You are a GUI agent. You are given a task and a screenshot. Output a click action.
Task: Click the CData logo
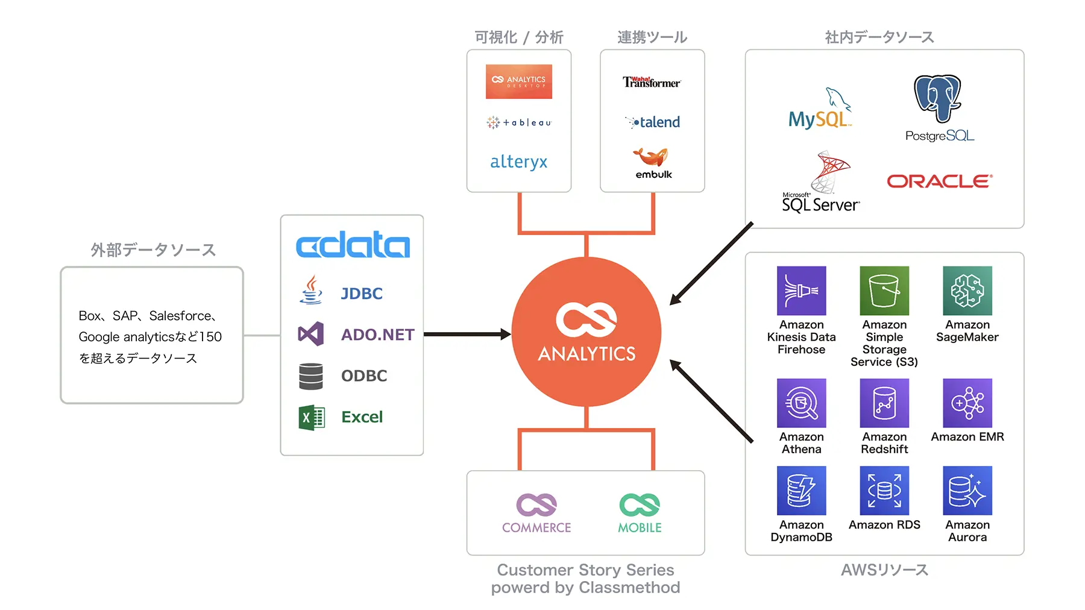(353, 244)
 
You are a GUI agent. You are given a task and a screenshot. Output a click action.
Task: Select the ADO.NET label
(377, 335)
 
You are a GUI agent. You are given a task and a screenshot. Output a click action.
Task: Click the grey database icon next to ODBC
(311, 376)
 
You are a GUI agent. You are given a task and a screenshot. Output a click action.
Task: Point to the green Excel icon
(312, 417)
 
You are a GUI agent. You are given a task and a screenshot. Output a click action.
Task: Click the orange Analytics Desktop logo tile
(518, 81)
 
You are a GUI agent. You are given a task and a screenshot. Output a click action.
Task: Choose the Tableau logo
(518, 122)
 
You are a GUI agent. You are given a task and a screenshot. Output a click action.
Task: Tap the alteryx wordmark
(518, 162)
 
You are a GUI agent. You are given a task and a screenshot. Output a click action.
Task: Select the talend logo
(653, 122)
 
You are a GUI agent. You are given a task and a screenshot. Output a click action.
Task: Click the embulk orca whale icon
(650, 156)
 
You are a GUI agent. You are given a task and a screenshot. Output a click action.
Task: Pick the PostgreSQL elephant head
(937, 98)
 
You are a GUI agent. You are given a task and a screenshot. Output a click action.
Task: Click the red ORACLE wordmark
(939, 181)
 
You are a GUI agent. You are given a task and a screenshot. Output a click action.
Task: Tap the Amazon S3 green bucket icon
(884, 291)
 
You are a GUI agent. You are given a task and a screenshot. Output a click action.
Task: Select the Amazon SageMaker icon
(967, 291)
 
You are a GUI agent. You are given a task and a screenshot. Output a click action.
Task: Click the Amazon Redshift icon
(884, 403)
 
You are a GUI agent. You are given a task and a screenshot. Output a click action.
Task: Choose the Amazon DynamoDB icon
(801, 490)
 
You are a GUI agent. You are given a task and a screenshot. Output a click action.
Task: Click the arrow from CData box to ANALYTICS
(467, 334)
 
